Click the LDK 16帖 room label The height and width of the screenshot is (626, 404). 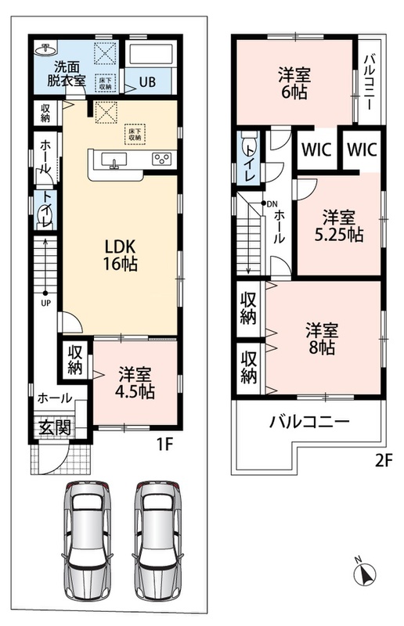pyautogui.click(x=121, y=255)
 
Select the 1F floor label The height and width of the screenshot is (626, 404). pyautogui.click(x=164, y=444)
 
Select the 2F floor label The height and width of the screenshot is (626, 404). pyautogui.click(x=384, y=461)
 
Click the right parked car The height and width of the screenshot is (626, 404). pyautogui.click(x=159, y=540)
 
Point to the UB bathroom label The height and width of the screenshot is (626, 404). pyautogui.click(x=147, y=82)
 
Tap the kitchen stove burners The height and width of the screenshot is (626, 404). pyautogui.click(x=162, y=159)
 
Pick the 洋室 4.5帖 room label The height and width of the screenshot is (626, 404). pyautogui.click(x=135, y=383)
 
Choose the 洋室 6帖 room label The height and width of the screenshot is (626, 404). pyautogui.click(x=294, y=84)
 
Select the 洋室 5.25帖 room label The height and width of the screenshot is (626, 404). pyautogui.click(x=339, y=226)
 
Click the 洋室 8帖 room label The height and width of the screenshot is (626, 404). pyautogui.click(x=322, y=339)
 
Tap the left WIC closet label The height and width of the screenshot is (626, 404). pyautogui.click(x=316, y=149)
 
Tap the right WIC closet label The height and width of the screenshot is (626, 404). pyautogui.click(x=362, y=149)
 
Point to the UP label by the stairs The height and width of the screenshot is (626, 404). pyautogui.click(x=46, y=303)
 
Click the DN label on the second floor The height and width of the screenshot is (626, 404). pyautogui.click(x=272, y=204)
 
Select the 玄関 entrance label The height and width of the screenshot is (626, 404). pyautogui.click(x=55, y=427)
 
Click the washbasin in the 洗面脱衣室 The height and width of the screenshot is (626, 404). pyautogui.click(x=45, y=50)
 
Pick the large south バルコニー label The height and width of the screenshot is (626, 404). pyautogui.click(x=310, y=422)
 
